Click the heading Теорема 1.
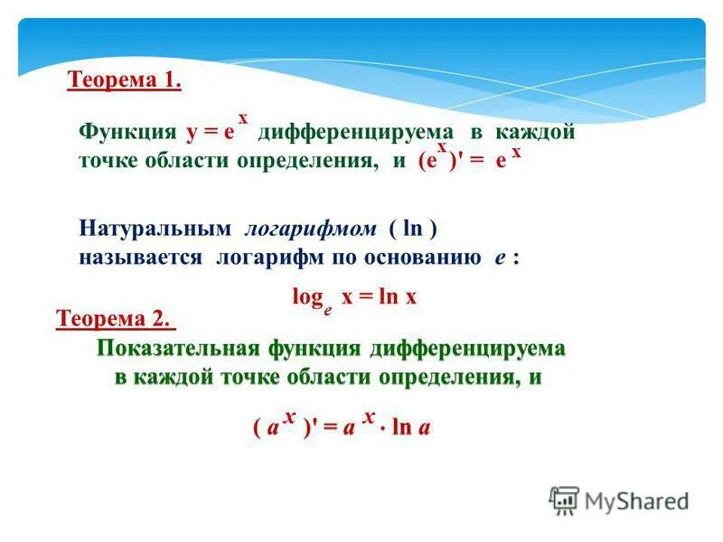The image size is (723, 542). [x=125, y=82]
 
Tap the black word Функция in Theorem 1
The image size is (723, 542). [x=127, y=132]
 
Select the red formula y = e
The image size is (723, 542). [x=211, y=132]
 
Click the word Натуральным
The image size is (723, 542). [x=149, y=229]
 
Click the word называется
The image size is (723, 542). [x=143, y=257]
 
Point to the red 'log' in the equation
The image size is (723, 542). [x=306, y=295]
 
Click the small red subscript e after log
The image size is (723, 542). [x=327, y=306]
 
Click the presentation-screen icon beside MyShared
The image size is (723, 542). [x=564, y=500]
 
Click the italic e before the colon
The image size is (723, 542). [x=498, y=257]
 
